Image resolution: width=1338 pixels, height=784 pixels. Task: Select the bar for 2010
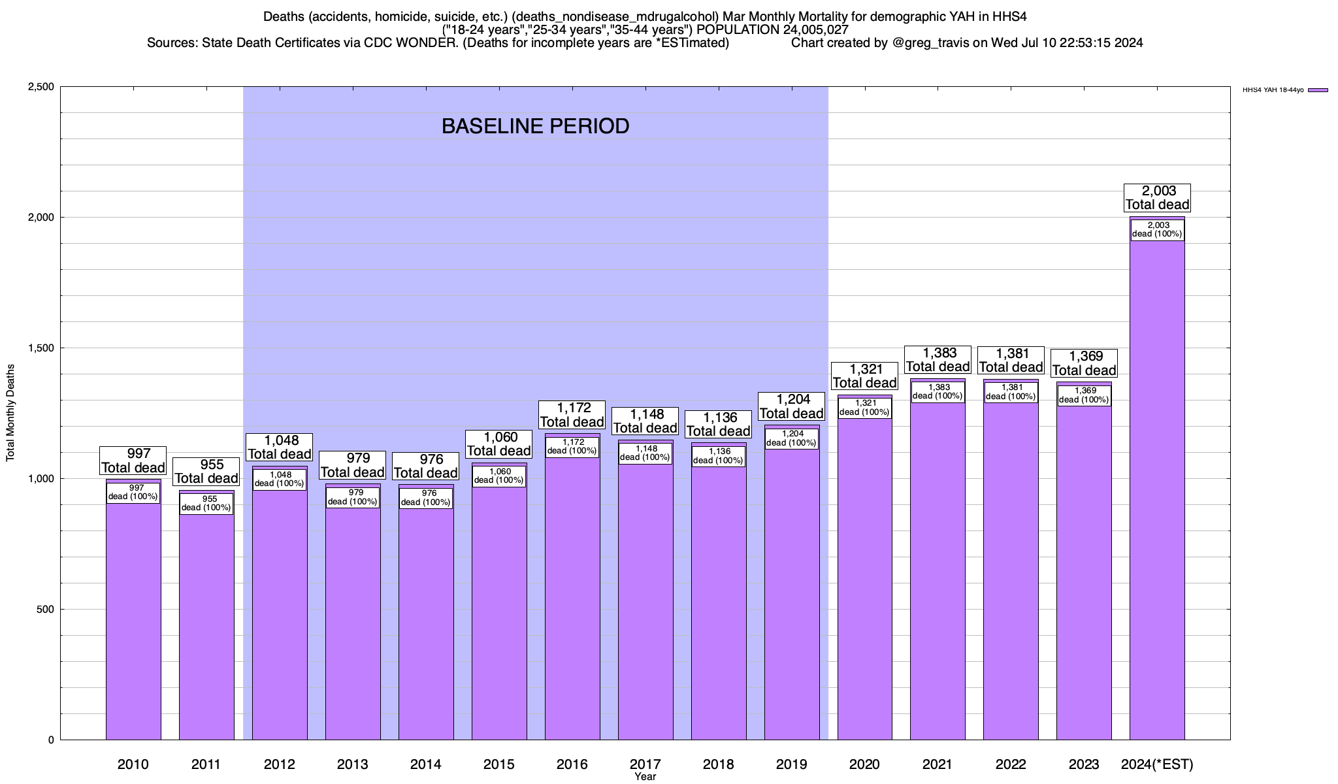133,621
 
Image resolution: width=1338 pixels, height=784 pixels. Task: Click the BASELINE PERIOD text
535,126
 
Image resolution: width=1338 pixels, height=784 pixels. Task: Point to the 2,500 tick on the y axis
41,87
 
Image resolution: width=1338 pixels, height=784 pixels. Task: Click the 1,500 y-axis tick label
41,348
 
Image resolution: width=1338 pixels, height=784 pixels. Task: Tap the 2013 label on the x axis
353,764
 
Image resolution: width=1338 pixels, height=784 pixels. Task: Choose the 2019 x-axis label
792,764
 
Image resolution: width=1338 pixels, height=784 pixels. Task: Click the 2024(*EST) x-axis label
1157,764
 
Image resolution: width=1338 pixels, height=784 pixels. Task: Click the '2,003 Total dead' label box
1157,198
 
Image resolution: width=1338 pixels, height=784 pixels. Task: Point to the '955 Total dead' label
206,471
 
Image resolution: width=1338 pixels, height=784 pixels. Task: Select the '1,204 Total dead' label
792,406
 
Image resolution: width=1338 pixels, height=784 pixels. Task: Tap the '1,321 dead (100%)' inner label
864,408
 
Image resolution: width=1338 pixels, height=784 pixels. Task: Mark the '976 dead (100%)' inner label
426,498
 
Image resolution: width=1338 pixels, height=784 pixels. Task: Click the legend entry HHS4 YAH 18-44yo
1284,90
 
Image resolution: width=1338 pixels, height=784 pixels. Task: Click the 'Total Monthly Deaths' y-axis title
10,413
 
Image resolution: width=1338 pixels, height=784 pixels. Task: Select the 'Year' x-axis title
645,777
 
